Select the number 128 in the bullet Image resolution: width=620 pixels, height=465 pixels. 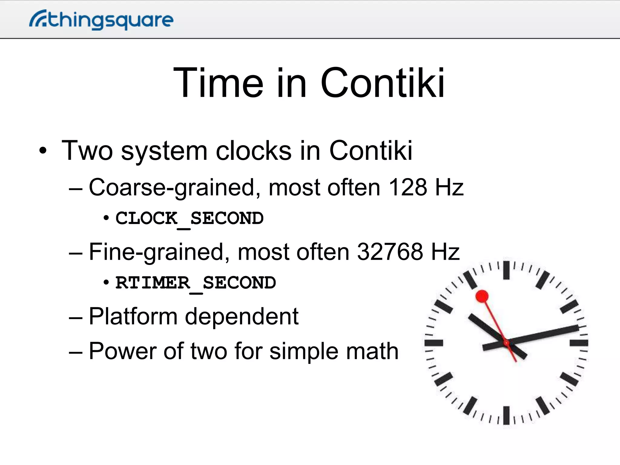[407, 187]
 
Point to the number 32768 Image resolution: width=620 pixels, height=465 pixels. [390, 252]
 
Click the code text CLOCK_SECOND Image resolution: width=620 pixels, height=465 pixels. [190, 218]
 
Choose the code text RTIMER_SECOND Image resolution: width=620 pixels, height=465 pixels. [196, 283]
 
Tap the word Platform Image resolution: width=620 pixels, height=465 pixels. [133, 317]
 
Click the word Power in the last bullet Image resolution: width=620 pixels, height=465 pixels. [122, 351]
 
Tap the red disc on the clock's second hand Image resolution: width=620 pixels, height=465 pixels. [482, 296]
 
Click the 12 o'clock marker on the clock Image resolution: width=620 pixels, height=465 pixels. [506, 270]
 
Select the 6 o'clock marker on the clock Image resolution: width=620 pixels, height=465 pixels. [506, 415]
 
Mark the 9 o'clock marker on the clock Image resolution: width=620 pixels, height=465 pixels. [434, 343]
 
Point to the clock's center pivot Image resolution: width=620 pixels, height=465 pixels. [506, 343]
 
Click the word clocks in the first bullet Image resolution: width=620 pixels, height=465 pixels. [254, 150]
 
